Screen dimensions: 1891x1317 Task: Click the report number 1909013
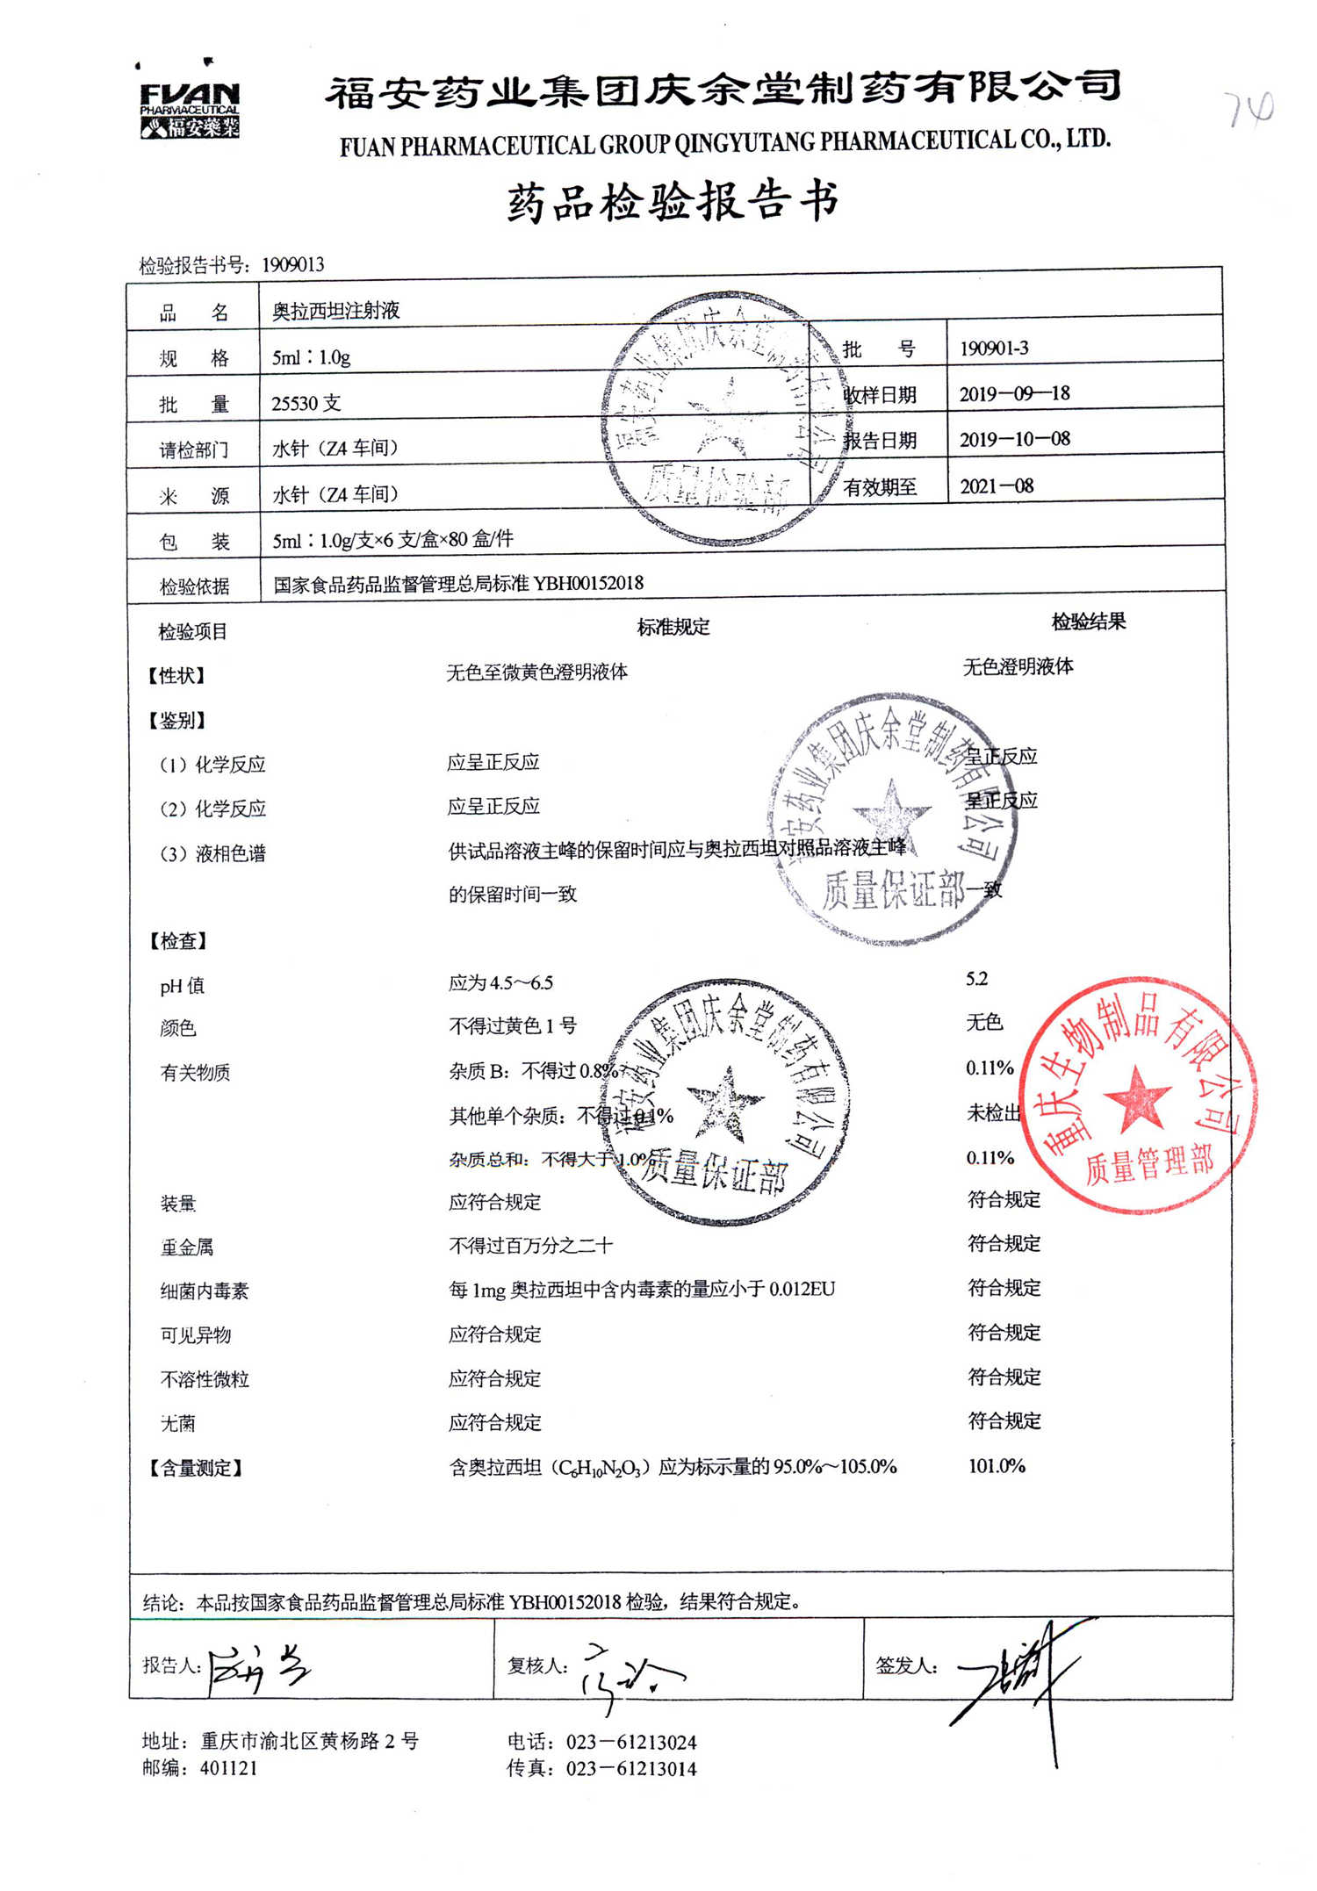click(x=292, y=264)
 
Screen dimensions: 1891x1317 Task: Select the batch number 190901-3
click(x=993, y=349)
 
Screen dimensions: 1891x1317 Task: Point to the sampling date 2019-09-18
click(x=1014, y=393)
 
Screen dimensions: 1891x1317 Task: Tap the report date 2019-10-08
click(x=1014, y=439)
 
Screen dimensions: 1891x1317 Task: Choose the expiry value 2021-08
click(x=996, y=485)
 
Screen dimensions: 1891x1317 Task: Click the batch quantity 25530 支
click(x=306, y=403)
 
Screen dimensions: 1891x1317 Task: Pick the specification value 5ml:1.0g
click(x=311, y=357)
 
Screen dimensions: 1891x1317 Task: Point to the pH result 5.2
click(x=976, y=979)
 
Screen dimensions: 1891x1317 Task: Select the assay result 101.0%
click(x=996, y=1466)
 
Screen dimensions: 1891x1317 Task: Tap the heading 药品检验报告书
click(x=673, y=202)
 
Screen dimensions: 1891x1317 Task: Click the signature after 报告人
click(x=257, y=1666)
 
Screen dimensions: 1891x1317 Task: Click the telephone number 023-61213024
click(x=630, y=1742)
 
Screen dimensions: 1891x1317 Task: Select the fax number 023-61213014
click(x=630, y=1768)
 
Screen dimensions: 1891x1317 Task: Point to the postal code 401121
click(x=228, y=1767)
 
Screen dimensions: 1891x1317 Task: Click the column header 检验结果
click(x=1088, y=622)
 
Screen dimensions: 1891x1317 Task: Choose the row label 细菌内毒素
click(x=204, y=1291)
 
